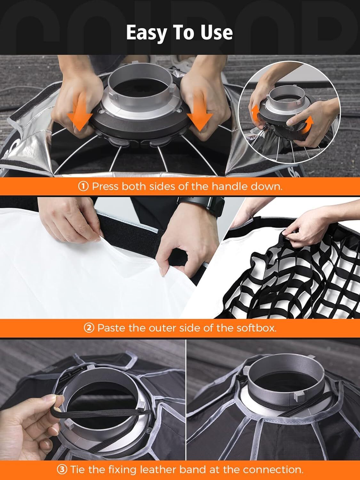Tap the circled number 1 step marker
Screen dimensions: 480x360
tap(83, 186)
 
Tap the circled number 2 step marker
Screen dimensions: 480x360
tap(89, 328)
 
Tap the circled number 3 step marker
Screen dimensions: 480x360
tap(62, 469)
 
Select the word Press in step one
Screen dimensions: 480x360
tap(105, 186)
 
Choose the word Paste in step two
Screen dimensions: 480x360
tap(111, 328)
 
